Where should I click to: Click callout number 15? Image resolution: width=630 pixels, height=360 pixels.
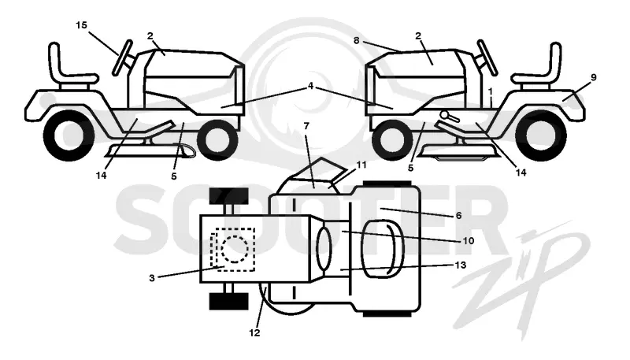click(x=81, y=25)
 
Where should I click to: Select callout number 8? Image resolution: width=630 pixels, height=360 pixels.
click(x=357, y=41)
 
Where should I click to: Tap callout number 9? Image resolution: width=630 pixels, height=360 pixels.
click(x=594, y=77)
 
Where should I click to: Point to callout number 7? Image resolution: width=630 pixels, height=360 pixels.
click(x=306, y=126)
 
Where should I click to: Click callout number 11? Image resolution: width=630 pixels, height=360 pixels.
click(x=361, y=165)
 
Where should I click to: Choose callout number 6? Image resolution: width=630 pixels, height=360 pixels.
click(x=459, y=216)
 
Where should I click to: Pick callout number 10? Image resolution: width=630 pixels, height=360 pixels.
click(x=469, y=241)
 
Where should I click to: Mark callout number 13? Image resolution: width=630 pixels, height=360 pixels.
click(x=461, y=265)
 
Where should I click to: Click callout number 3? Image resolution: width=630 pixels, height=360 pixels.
click(x=152, y=278)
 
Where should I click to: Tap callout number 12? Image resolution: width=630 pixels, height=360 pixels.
click(x=254, y=332)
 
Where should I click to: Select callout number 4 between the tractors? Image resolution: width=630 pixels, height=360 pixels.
click(x=310, y=86)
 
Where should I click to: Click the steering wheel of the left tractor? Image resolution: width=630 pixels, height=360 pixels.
click(x=123, y=58)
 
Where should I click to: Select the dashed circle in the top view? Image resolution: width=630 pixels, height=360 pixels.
click(x=233, y=249)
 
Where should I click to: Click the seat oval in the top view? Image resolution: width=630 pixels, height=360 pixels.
click(x=383, y=250)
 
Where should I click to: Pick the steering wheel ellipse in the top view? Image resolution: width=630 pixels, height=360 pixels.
click(x=324, y=248)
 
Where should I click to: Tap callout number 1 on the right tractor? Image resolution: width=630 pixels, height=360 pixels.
click(x=490, y=91)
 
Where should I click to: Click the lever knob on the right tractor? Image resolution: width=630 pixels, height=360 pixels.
click(x=444, y=114)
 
